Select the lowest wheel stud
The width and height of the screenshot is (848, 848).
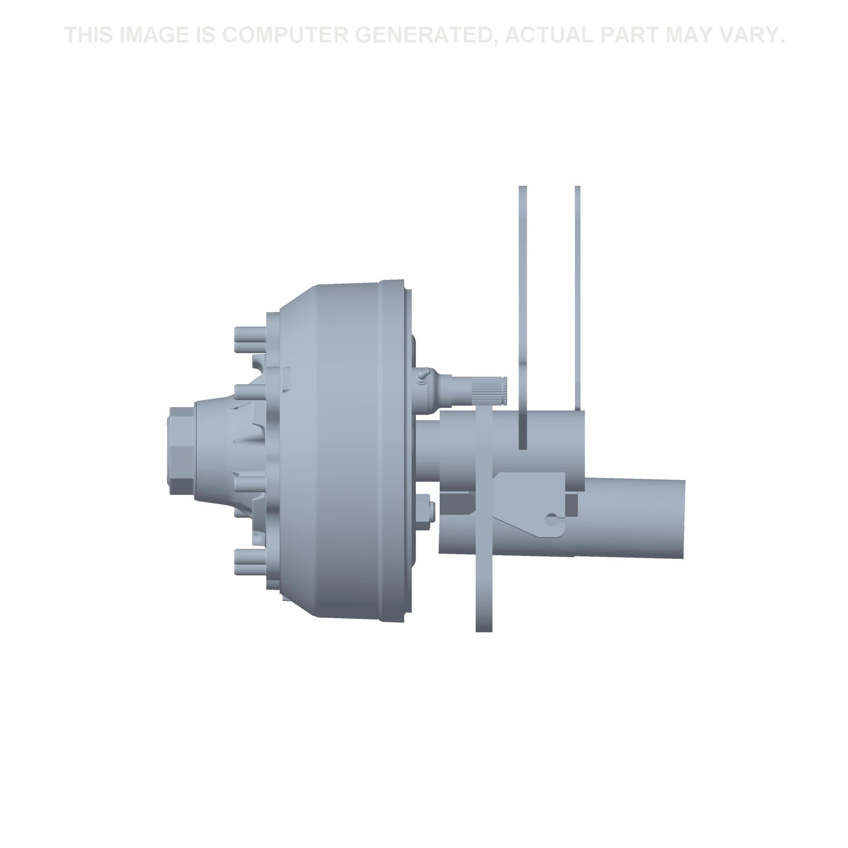(251, 560)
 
